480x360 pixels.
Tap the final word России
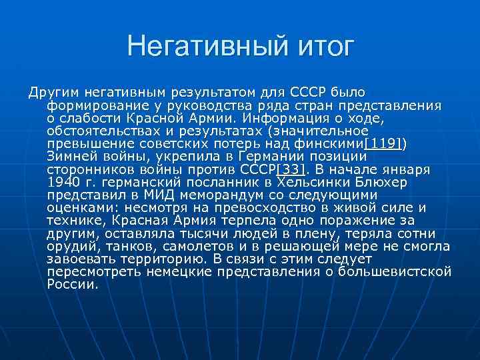pyautogui.click(x=73, y=284)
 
